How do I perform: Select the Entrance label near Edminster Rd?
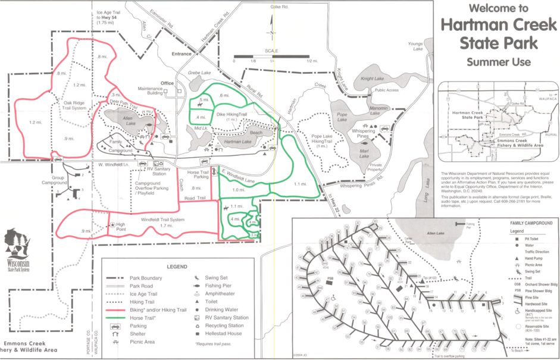(182, 54)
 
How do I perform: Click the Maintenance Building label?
(151, 91)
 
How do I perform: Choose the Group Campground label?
(58, 180)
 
